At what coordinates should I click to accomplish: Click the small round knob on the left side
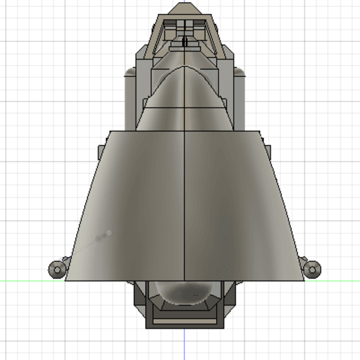pos(55,269)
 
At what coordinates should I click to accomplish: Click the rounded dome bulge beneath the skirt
pos(184,293)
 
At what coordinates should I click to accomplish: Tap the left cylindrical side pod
pos(133,98)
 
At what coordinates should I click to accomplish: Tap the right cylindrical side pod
pos(237,98)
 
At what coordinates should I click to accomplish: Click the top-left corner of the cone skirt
pos(110,130)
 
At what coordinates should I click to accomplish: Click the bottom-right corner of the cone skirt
pos(304,280)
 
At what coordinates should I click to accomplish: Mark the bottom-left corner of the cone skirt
pos(65,280)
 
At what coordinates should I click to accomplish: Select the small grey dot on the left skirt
pos(108,232)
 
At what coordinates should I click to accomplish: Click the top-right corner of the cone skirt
pos(259,130)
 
